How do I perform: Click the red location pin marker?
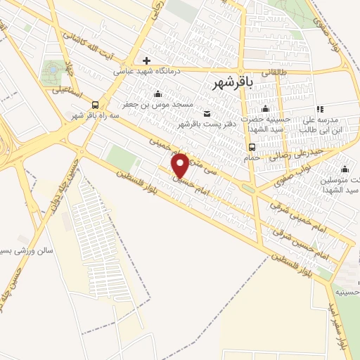pos(181,166)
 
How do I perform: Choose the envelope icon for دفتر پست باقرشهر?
pos(206,114)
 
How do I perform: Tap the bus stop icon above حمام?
pos(252,147)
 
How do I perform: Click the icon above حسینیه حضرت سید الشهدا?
pos(265,108)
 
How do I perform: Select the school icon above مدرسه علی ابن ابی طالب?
pos(320,109)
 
